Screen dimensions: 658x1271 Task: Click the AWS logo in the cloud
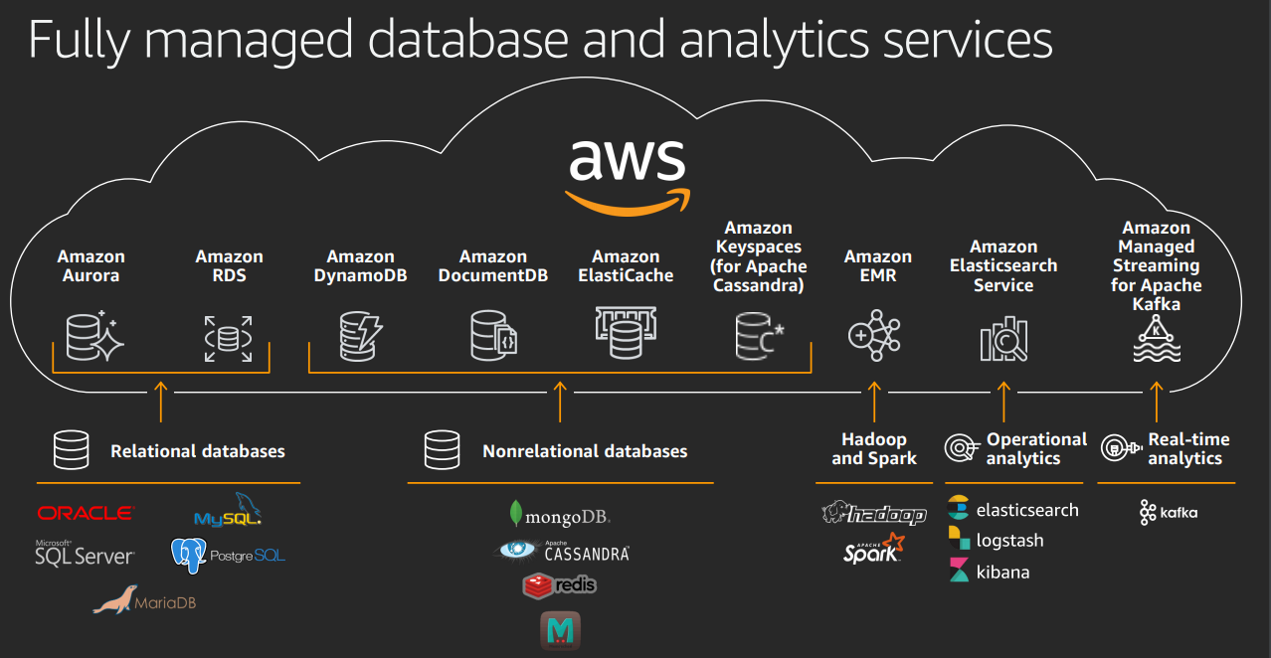627,174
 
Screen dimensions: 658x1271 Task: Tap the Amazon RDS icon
229,337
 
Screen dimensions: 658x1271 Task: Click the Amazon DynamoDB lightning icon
360,335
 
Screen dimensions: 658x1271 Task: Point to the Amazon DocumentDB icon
492,335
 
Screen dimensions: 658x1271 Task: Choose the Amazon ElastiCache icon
626,333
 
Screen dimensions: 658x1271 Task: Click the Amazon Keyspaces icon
759,335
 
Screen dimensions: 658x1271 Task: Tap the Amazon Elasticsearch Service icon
1003,337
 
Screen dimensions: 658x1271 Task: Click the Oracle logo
85,513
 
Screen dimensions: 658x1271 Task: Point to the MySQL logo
228,511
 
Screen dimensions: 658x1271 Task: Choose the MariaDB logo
144,600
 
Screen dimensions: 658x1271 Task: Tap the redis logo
559,585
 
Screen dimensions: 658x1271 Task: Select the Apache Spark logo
874,549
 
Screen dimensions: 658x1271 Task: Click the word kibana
1002,573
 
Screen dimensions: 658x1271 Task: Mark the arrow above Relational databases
160,401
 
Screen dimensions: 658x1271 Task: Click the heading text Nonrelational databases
585,451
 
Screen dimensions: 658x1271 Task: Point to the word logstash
1009,541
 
